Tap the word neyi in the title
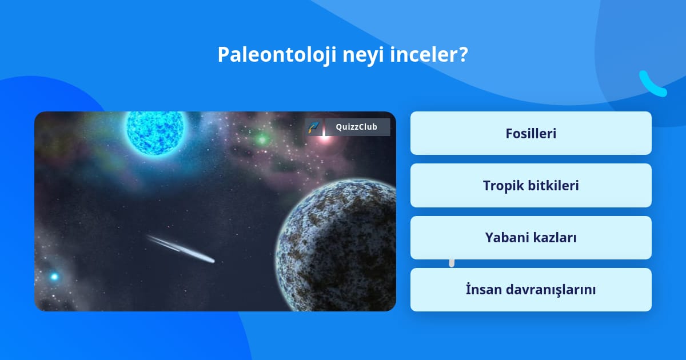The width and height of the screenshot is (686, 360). coord(363,57)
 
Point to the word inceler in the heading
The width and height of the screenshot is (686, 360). coord(422,54)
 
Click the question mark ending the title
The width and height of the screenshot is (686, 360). coord(462,54)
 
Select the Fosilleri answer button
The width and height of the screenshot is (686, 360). coord(531,133)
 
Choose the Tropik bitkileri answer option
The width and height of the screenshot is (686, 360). coord(531,186)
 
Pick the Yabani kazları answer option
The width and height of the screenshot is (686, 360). coord(531,238)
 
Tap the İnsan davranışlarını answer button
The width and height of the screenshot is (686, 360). coord(531,290)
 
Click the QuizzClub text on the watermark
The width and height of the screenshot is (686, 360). coord(357,127)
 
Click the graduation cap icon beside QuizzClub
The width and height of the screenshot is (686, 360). coord(314,127)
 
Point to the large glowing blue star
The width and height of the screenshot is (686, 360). coord(155,132)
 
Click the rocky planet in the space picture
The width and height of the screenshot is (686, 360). coord(336,245)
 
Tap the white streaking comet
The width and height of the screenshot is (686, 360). coord(181,249)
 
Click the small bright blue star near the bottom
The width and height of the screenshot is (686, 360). coord(54,277)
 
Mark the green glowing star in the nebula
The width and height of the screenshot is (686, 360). coord(262,139)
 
